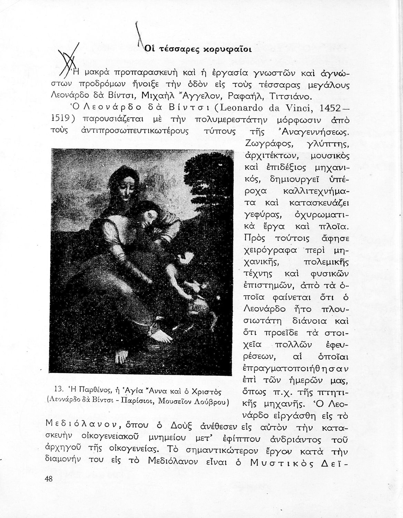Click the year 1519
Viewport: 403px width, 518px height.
(x=56, y=119)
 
